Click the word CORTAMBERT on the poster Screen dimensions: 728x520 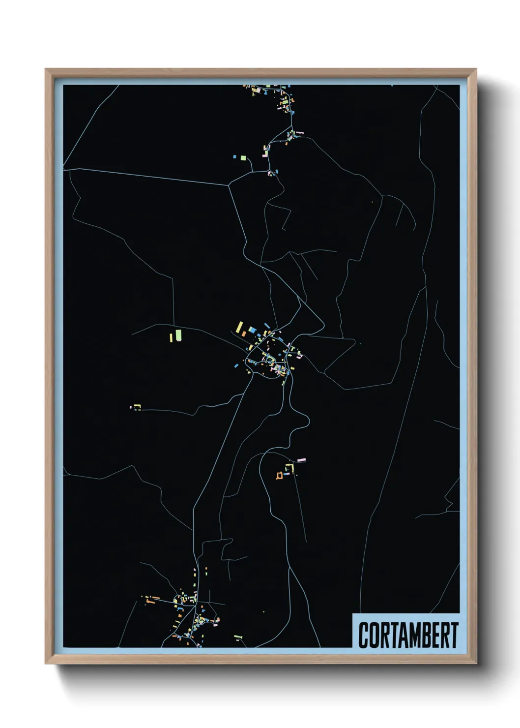point(408,635)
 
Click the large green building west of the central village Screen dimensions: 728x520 point(178,335)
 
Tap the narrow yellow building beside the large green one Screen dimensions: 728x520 point(171,337)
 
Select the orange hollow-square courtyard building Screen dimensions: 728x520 point(280,475)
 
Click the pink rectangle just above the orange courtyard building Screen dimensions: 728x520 point(301,460)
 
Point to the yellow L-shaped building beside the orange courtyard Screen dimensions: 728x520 point(290,468)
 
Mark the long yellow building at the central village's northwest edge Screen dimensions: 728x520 point(239,327)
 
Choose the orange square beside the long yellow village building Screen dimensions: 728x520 point(243,334)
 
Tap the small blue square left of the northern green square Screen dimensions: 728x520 point(235,157)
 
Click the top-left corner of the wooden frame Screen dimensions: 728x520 point(46,69)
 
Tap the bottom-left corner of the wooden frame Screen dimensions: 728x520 point(46,663)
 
